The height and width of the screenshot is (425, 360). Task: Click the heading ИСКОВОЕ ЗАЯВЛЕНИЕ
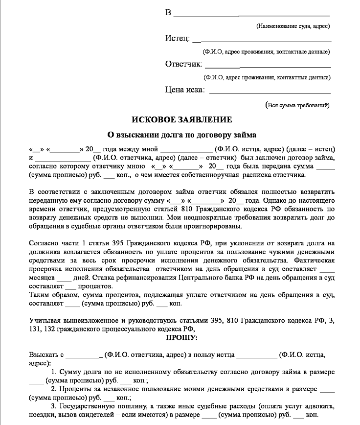click(x=181, y=119)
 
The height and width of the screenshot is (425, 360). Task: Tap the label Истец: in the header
click(x=177, y=39)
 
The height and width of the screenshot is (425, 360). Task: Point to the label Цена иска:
click(x=185, y=90)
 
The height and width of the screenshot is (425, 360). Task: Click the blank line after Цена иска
click(x=270, y=91)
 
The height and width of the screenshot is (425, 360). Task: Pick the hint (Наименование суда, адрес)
click(x=293, y=26)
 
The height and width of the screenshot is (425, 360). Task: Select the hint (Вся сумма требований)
click(x=297, y=105)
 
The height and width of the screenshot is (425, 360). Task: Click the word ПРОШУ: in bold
click(x=182, y=338)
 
